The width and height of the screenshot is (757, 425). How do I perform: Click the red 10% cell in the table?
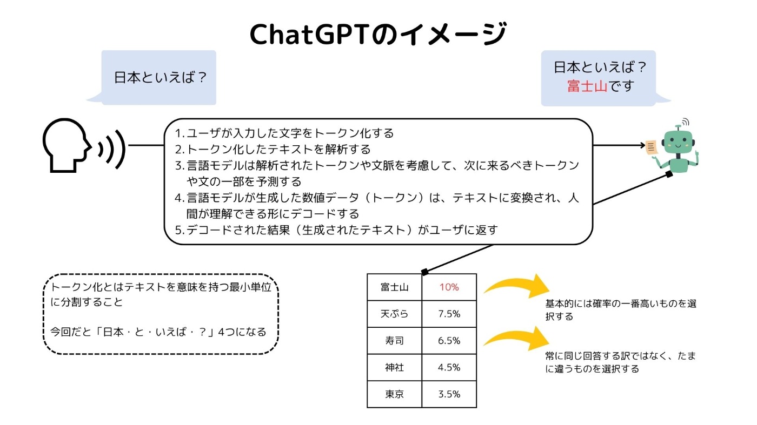pos(449,287)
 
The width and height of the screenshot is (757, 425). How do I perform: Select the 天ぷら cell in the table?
pos(394,314)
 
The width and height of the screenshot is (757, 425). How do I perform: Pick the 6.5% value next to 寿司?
pos(449,341)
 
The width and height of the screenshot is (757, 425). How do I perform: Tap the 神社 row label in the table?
pos(394,367)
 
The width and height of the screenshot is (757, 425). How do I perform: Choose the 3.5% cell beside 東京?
pos(449,394)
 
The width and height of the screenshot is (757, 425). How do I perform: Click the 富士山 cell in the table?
pos(394,287)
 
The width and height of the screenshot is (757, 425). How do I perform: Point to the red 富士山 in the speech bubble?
pos(587,86)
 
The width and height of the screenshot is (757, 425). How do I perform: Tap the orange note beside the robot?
pos(651,147)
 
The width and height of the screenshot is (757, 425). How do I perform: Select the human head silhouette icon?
pos(66,145)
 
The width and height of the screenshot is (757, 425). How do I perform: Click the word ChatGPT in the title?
pos(308,35)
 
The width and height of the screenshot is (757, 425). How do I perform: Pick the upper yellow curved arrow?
pos(516,286)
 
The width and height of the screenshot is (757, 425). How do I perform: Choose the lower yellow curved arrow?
pos(516,338)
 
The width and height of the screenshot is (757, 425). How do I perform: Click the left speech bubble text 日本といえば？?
pos(160,78)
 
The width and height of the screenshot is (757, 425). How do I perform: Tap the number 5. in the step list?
pos(180,230)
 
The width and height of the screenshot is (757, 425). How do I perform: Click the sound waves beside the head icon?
pos(112,149)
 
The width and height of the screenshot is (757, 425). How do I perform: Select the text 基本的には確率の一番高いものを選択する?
pos(621,310)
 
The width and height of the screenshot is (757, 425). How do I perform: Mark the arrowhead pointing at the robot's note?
pos(642,145)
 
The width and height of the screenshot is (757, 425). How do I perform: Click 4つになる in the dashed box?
pos(242,332)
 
